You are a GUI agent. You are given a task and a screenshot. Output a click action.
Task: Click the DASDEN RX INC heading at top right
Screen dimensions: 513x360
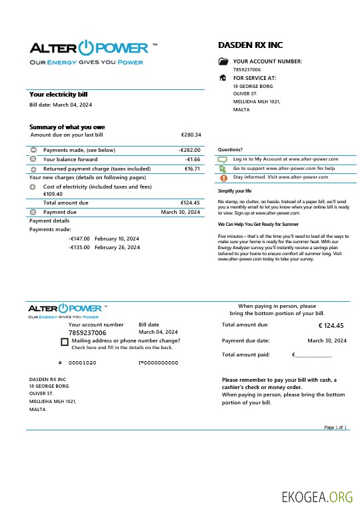tap(250, 45)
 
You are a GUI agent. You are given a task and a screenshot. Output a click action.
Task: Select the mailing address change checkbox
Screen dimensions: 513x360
tap(64, 342)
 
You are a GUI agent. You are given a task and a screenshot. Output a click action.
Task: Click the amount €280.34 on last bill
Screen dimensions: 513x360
tap(191, 135)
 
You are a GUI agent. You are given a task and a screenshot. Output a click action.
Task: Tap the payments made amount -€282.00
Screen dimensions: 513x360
tap(189, 150)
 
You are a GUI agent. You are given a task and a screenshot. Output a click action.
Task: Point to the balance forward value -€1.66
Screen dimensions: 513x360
tap(193, 159)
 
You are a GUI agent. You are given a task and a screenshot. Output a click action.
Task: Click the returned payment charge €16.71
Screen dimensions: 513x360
tap(192, 169)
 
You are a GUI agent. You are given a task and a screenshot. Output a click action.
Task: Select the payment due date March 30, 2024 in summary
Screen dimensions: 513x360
tap(181, 212)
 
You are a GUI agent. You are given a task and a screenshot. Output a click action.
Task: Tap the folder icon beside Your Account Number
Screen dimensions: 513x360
tap(223, 61)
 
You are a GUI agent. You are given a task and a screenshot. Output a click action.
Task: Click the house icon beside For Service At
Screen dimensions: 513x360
tap(223, 78)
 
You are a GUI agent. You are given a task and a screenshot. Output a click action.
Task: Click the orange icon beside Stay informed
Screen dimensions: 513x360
tap(223, 178)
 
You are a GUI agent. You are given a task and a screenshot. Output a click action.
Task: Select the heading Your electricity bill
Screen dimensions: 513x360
tap(58, 95)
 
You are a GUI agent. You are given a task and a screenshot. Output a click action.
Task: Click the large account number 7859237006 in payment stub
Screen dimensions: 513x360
tap(87, 332)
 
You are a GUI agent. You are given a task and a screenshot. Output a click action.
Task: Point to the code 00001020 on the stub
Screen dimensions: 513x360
tap(82, 362)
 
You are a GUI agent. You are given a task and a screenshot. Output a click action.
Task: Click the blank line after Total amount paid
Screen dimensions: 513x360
tap(313, 355)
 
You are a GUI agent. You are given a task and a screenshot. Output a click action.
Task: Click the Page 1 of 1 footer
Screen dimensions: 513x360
tap(335, 427)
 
